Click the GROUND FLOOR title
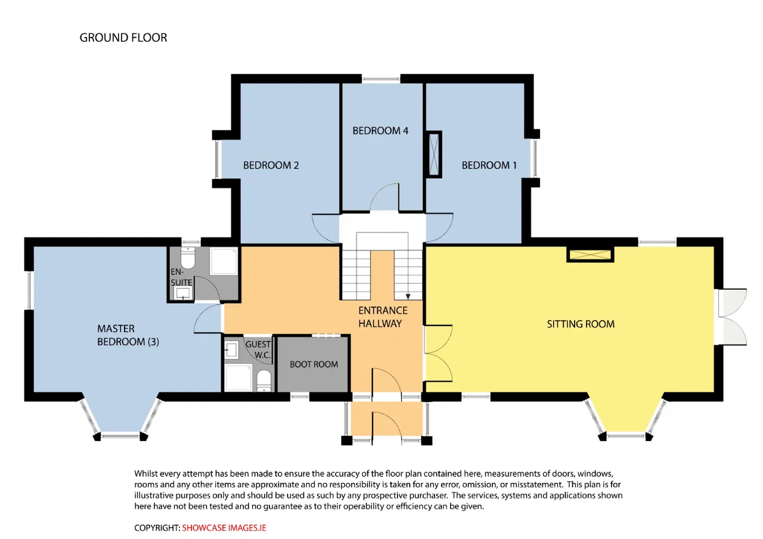tap(123, 38)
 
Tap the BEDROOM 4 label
tap(380, 131)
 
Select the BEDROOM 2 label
tap(271, 165)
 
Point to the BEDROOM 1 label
tap(489, 165)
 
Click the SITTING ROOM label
tap(581, 324)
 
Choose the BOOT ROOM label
tap(314, 364)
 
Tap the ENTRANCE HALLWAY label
tap(383, 317)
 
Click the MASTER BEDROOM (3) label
tap(128, 335)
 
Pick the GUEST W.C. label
tap(259, 349)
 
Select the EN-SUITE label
tap(181, 277)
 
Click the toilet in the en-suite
tap(188, 258)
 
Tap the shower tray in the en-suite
tap(224, 261)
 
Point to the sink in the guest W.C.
tap(232, 350)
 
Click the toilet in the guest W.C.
tap(263, 381)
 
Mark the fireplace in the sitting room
tap(590, 255)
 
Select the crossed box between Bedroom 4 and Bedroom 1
tap(433, 154)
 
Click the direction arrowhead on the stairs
tap(408, 297)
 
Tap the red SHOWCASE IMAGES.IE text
tap(224, 528)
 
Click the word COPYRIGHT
tap(157, 528)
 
